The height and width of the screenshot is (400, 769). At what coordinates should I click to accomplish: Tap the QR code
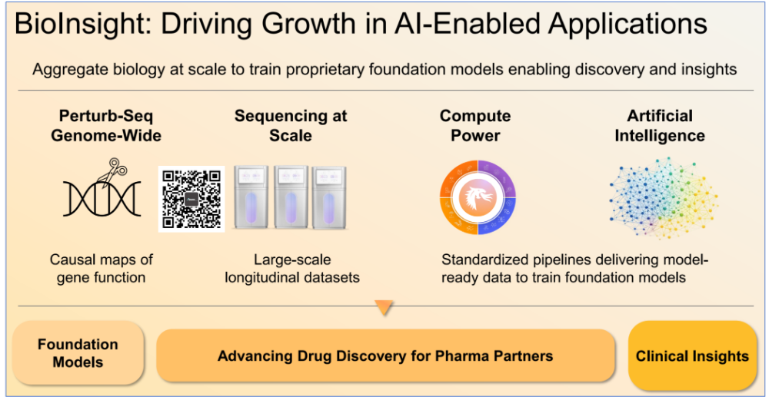(191, 199)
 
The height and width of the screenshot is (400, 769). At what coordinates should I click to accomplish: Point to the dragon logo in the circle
(478, 197)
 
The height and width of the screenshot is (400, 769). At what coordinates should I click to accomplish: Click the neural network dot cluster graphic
(663, 197)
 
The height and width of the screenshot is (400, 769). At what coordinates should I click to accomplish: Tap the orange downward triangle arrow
(384, 307)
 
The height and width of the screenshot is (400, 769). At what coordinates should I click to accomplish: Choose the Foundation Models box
(78, 353)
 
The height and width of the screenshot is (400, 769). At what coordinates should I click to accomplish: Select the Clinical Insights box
(692, 355)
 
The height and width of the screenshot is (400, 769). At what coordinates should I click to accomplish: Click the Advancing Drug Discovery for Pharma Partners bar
(385, 356)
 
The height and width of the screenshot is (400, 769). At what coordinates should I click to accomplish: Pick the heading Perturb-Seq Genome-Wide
(106, 125)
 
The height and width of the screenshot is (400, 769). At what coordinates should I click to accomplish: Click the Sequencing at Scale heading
(291, 125)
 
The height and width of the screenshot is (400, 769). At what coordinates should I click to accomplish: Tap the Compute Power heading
(475, 125)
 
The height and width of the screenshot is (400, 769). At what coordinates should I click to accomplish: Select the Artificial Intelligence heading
(660, 125)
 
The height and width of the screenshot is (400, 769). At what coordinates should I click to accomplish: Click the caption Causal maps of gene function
(102, 268)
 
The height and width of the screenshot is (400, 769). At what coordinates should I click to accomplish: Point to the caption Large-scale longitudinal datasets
(292, 268)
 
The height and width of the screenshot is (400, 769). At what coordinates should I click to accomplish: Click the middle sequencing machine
(291, 197)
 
